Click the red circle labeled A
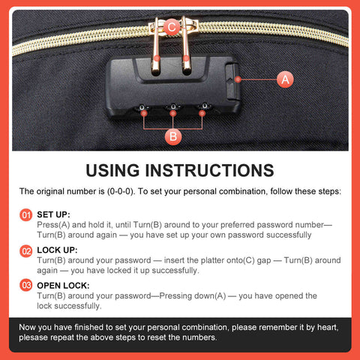tap(285, 79)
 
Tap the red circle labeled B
tap(173, 136)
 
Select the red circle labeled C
tap(172, 27)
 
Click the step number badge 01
tap(26, 215)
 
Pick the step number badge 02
tap(26, 250)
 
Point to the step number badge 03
tap(26, 286)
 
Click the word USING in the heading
tap(112, 170)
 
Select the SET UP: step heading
tap(53, 214)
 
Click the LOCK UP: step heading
tap(57, 250)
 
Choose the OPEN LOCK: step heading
tap(63, 286)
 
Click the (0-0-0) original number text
tap(121, 191)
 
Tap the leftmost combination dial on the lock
tap(142, 108)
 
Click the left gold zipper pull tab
tap(156, 47)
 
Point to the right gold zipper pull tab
tap(186, 46)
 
